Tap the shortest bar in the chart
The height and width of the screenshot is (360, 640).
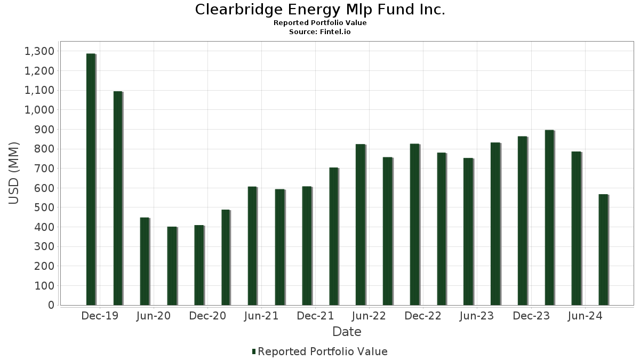pyautogui.click(x=172, y=266)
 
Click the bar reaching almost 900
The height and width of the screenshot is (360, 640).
pyautogui.click(x=549, y=218)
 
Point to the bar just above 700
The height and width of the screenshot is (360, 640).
pyautogui.click(x=334, y=236)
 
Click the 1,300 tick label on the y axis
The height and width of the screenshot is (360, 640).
pyautogui.click(x=39, y=51)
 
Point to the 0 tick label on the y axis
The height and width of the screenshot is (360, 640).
pyautogui.click(x=51, y=305)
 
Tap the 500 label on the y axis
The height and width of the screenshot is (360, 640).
pyautogui.click(x=43, y=207)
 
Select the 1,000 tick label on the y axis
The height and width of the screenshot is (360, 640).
pyautogui.click(x=39, y=110)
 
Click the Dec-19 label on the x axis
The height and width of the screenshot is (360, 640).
pyautogui.click(x=100, y=316)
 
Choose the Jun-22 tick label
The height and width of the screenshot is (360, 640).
pyautogui.click(x=369, y=316)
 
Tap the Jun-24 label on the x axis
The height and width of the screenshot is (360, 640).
pyautogui.click(x=585, y=316)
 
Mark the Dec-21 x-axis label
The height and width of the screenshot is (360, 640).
pyautogui.click(x=315, y=316)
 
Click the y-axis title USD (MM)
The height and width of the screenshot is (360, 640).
pyautogui.click(x=14, y=173)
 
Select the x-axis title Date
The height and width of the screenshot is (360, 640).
pyautogui.click(x=347, y=332)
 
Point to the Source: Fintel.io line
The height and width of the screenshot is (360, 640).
pyautogui.click(x=320, y=31)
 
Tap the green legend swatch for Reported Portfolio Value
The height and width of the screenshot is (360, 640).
pyautogui.click(x=254, y=351)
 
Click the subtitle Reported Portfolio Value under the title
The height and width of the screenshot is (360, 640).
pyautogui.click(x=320, y=23)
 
